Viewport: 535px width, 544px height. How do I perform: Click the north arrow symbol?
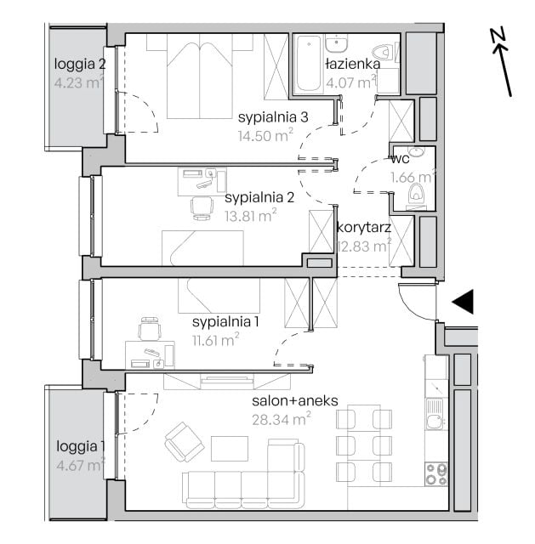tap(501, 62)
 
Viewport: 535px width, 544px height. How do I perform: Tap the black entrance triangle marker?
tap(465, 302)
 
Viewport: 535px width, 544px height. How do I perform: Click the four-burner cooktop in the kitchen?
tap(436, 474)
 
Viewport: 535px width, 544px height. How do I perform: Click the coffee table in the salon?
tap(230, 449)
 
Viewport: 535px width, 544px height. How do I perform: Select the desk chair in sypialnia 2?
tap(202, 207)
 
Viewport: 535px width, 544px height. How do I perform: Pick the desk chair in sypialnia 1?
tap(150, 328)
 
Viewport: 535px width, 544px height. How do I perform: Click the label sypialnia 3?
tap(273, 117)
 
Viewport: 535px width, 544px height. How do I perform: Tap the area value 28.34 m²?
tap(282, 419)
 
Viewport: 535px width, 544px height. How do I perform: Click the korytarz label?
tap(364, 228)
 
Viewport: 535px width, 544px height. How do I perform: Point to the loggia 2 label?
tap(80, 65)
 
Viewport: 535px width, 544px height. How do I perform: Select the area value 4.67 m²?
tap(81, 465)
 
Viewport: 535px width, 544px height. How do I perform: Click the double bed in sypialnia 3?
tap(200, 76)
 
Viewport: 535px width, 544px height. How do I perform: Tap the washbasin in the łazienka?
tap(336, 43)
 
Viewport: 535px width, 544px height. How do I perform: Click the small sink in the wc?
tap(416, 151)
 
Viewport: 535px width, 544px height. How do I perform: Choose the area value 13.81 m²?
tap(251, 216)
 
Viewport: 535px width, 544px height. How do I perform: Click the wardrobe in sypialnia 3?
tap(276, 66)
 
